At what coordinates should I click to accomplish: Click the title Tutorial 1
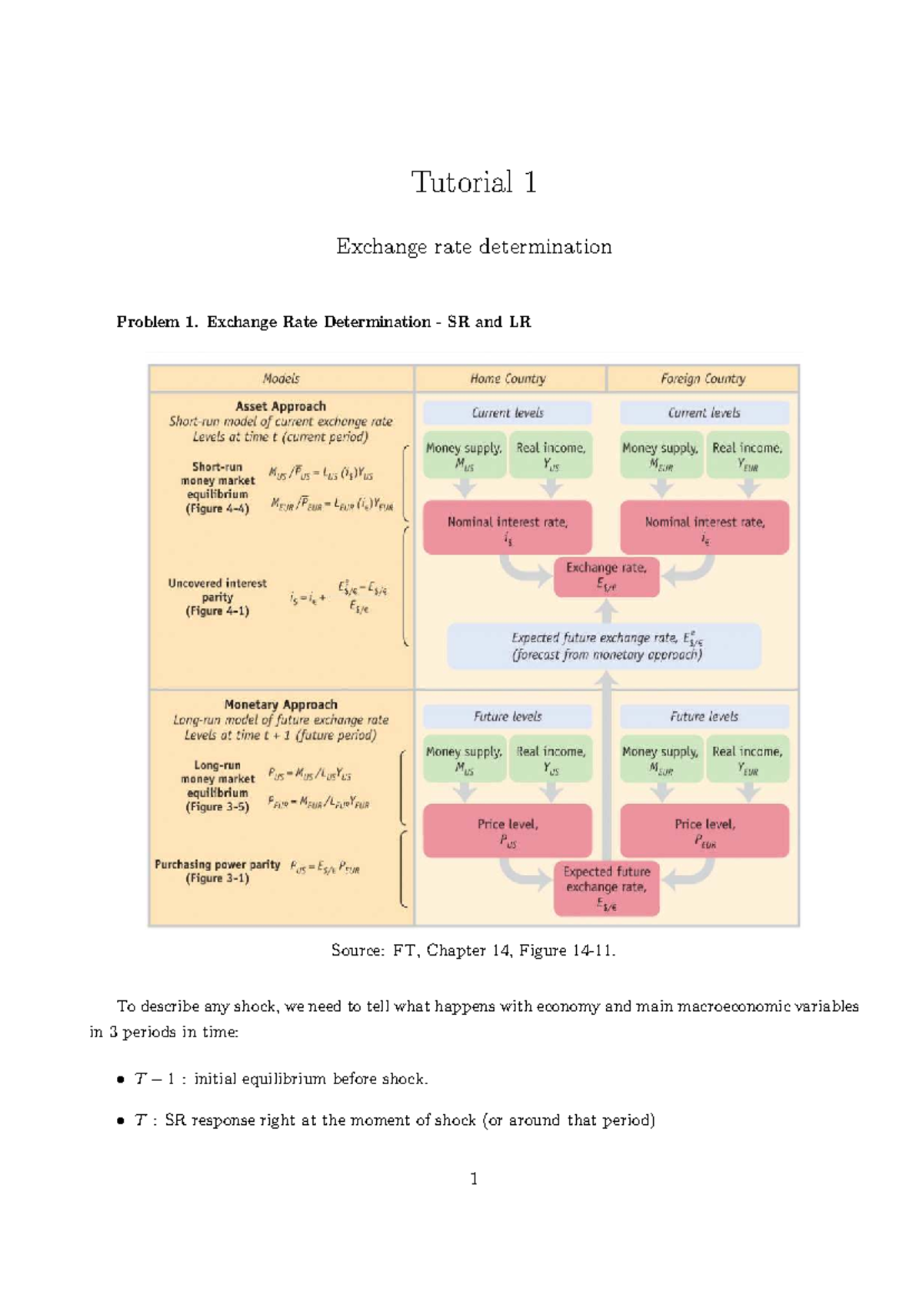tap(474, 182)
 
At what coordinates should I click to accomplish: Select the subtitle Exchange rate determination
tap(474, 247)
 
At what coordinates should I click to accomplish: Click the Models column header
tap(281, 379)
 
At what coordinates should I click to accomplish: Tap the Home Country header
tap(508, 379)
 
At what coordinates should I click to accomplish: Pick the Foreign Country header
tap(703, 379)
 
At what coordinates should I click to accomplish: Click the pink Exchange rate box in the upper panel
tap(606, 576)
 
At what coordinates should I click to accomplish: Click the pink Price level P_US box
tap(508, 831)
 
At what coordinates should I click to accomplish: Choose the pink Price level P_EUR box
tap(705, 831)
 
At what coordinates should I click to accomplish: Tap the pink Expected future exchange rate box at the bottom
tap(606, 889)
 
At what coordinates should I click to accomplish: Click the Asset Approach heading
tap(281, 406)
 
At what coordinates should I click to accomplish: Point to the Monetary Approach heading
tap(281, 705)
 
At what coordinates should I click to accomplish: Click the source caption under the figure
tap(474, 951)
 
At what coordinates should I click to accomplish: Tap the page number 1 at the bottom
tap(474, 1179)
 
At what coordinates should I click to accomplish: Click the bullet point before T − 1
tap(121, 1080)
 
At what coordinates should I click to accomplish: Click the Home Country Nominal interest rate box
tap(508, 527)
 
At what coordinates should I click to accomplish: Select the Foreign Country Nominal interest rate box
tap(705, 527)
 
